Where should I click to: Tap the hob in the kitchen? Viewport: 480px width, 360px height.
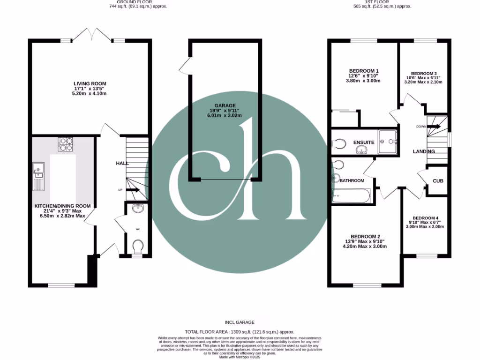[x=65, y=145]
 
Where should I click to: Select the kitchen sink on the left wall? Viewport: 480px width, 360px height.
[x=37, y=176]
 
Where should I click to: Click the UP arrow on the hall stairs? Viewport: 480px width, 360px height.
[x=133, y=190]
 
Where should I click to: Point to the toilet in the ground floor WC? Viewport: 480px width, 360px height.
[x=138, y=246]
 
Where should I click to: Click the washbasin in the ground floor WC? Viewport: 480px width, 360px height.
[x=138, y=209]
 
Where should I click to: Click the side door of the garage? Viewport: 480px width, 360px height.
[x=184, y=66]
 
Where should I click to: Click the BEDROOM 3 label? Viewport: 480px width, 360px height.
[x=424, y=74]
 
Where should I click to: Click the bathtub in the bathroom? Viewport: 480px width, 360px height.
[x=352, y=195]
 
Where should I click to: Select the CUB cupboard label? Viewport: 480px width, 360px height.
[x=438, y=181]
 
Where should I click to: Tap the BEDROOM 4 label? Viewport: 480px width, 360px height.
[x=424, y=217]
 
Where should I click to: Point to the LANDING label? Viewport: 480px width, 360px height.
[x=423, y=151]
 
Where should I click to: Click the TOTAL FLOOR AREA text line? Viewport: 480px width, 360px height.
[x=240, y=331]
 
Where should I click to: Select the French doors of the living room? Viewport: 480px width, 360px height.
[x=91, y=35]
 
